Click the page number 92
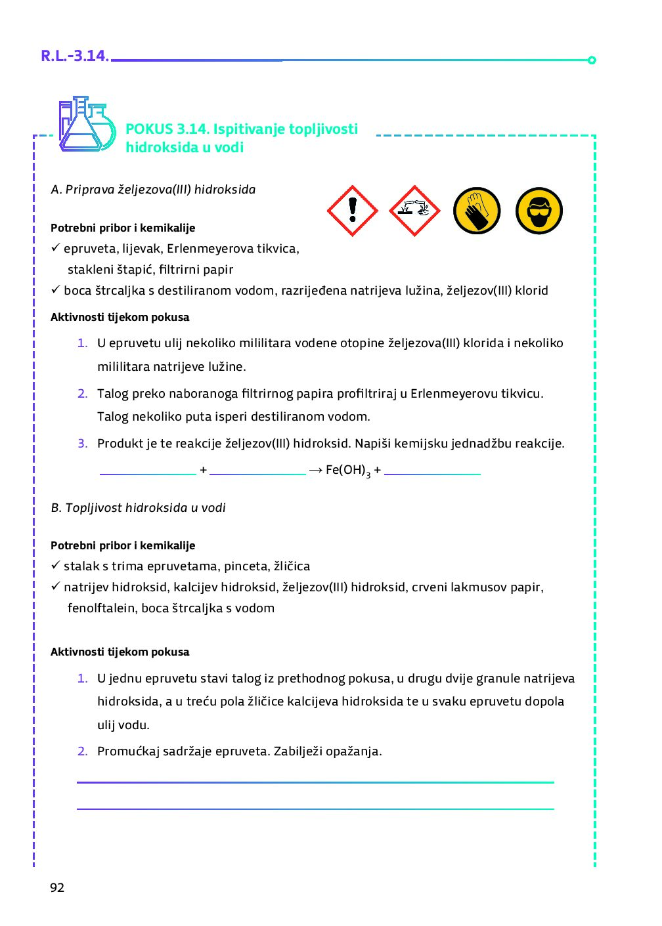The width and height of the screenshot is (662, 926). [57, 887]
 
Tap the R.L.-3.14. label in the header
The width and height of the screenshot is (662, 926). [75, 56]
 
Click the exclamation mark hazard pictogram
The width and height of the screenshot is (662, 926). [353, 211]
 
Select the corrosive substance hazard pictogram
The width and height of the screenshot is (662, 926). [414, 211]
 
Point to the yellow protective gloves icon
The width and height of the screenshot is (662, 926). [477, 211]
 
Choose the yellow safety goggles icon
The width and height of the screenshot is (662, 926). [539, 211]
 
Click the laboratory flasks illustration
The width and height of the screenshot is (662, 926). [87, 125]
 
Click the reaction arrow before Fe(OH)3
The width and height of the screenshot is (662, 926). [316, 470]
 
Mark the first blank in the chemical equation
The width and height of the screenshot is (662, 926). [148, 472]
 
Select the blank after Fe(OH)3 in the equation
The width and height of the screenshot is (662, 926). [432, 472]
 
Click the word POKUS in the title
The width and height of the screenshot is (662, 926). [149, 129]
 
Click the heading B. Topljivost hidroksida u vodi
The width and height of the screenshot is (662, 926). [138, 508]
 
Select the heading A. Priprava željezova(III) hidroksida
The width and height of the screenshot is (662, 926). [153, 190]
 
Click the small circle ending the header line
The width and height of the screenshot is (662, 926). [592, 60]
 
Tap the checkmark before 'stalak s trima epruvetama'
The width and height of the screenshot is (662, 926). [56, 565]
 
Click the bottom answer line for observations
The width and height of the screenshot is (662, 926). [315, 808]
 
